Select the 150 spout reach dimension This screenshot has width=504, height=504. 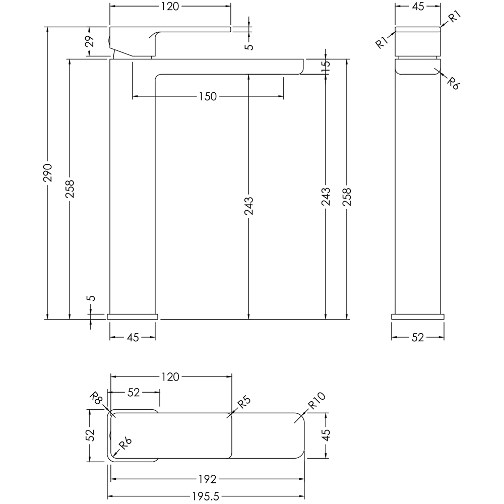[x=207, y=96]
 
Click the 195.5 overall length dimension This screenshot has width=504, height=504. [x=206, y=496]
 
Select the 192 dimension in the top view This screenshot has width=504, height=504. [x=207, y=479]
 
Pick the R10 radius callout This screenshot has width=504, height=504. [x=318, y=402]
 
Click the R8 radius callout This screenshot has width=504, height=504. [x=96, y=402]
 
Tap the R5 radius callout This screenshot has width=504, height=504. [x=243, y=403]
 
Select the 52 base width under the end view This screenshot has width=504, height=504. [x=418, y=338]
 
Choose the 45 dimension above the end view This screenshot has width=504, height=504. [x=418, y=6]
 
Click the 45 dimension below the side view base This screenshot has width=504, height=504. [x=132, y=338]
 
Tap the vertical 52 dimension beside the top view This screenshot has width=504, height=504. [x=90, y=434]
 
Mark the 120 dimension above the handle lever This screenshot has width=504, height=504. [x=170, y=6]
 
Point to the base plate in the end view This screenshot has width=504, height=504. [x=418, y=317]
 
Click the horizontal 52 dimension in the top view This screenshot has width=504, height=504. [x=134, y=393]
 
